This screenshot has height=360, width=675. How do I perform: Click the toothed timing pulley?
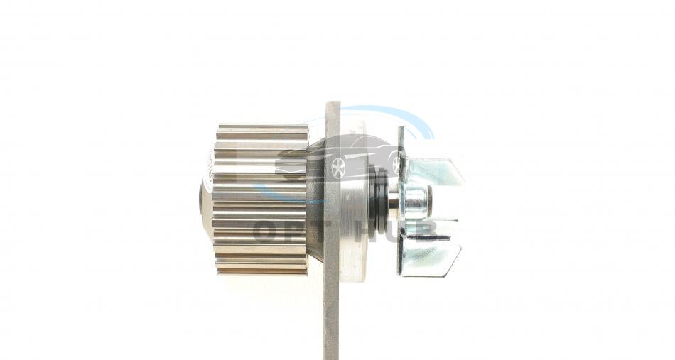(261, 200)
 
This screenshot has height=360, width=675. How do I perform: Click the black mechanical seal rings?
(379, 199)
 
